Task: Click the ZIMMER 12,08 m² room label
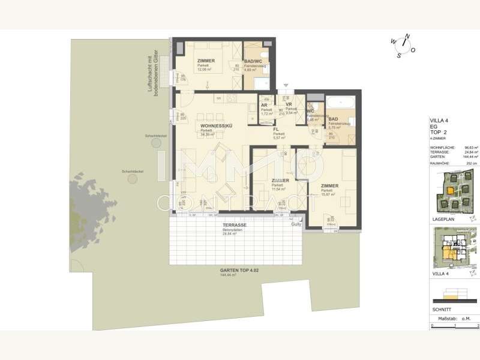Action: click(x=207, y=61)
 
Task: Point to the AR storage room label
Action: click(x=264, y=106)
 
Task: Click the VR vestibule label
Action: click(x=289, y=104)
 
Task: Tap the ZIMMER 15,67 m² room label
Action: click(x=329, y=186)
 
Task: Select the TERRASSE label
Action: click(x=218, y=225)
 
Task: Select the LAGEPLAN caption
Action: click(x=442, y=220)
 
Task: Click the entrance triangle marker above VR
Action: click(x=286, y=85)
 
